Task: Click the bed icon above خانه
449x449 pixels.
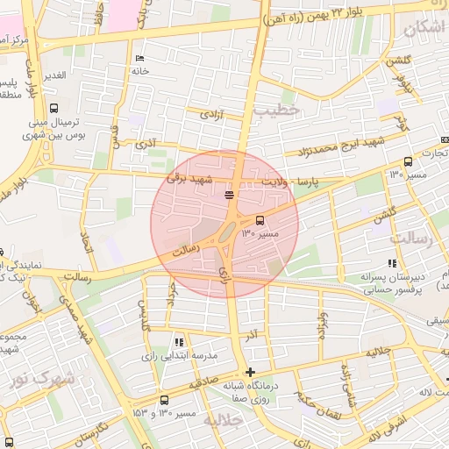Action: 139,59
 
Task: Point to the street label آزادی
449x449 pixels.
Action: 212,114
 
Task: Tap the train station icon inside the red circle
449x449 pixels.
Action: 229,194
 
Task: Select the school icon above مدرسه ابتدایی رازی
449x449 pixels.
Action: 179,342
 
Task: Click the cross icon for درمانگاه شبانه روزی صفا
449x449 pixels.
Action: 252,372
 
